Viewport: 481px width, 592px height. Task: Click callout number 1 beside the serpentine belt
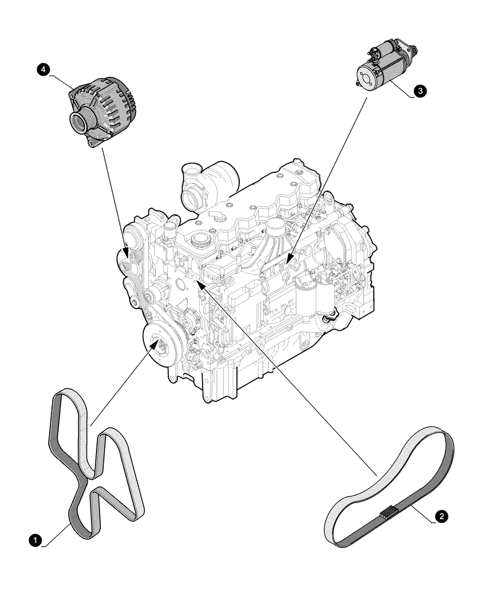pyautogui.click(x=36, y=540)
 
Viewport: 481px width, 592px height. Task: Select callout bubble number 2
pyautogui.click(x=440, y=517)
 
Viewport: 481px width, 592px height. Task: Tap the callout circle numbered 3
pyautogui.click(x=420, y=91)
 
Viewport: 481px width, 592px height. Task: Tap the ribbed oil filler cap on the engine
pyautogui.click(x=198, y=240)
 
